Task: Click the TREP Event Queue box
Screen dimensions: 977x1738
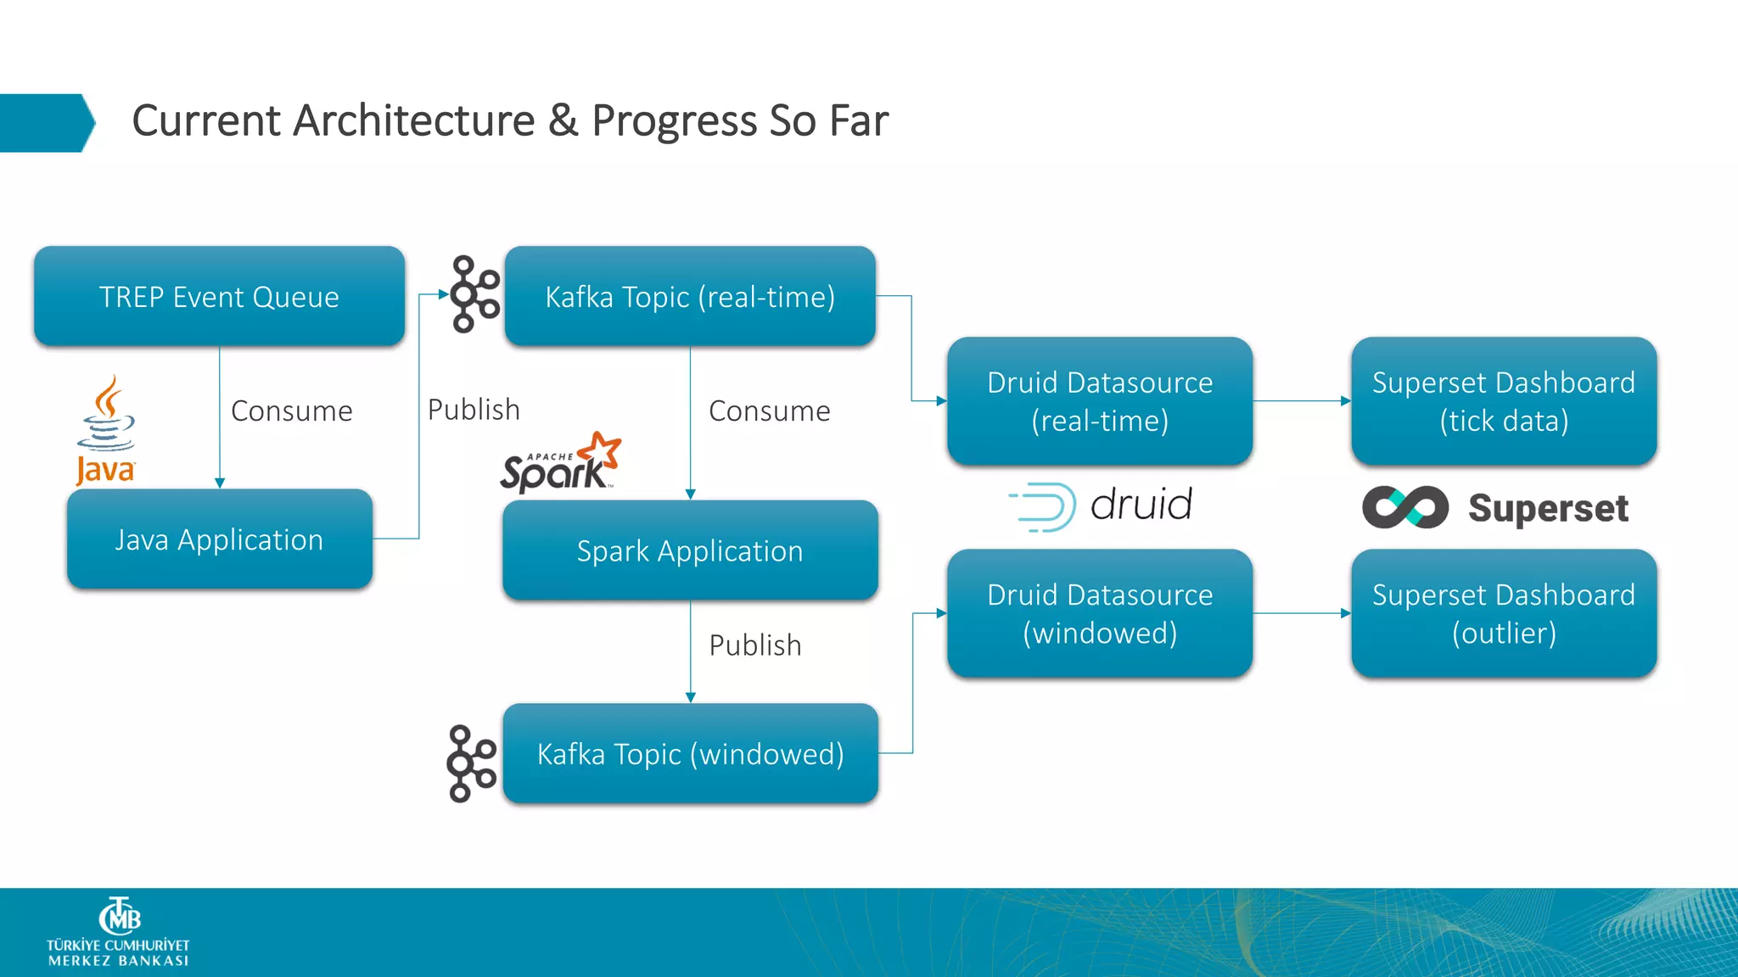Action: tap(219, 296)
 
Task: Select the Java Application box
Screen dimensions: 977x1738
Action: tap(219, 539)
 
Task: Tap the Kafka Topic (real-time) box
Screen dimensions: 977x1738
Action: tap(689, 296)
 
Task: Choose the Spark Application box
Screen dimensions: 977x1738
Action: tap(689, 550)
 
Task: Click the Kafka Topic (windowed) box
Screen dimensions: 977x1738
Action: tap(689, 753)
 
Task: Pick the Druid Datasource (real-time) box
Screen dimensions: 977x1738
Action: tap(1099, 401)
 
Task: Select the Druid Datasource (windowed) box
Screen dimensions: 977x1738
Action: tap(1099, 613)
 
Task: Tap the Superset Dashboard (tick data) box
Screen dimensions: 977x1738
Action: tap(1503, 401)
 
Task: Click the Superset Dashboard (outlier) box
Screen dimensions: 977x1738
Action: tap(1503, 613)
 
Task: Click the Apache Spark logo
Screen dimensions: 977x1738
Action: tap(560, 464)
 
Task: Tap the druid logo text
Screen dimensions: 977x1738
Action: tap(1141, 505)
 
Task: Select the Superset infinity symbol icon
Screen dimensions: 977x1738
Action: tap(1404, 507)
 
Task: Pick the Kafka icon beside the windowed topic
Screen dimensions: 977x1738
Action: tap(471, 763)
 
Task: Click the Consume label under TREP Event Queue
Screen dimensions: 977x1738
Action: tap(291, 411)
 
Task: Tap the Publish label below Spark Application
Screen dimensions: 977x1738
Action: tap(754, 645)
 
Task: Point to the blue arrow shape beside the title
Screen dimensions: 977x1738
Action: tap(47, 123)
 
